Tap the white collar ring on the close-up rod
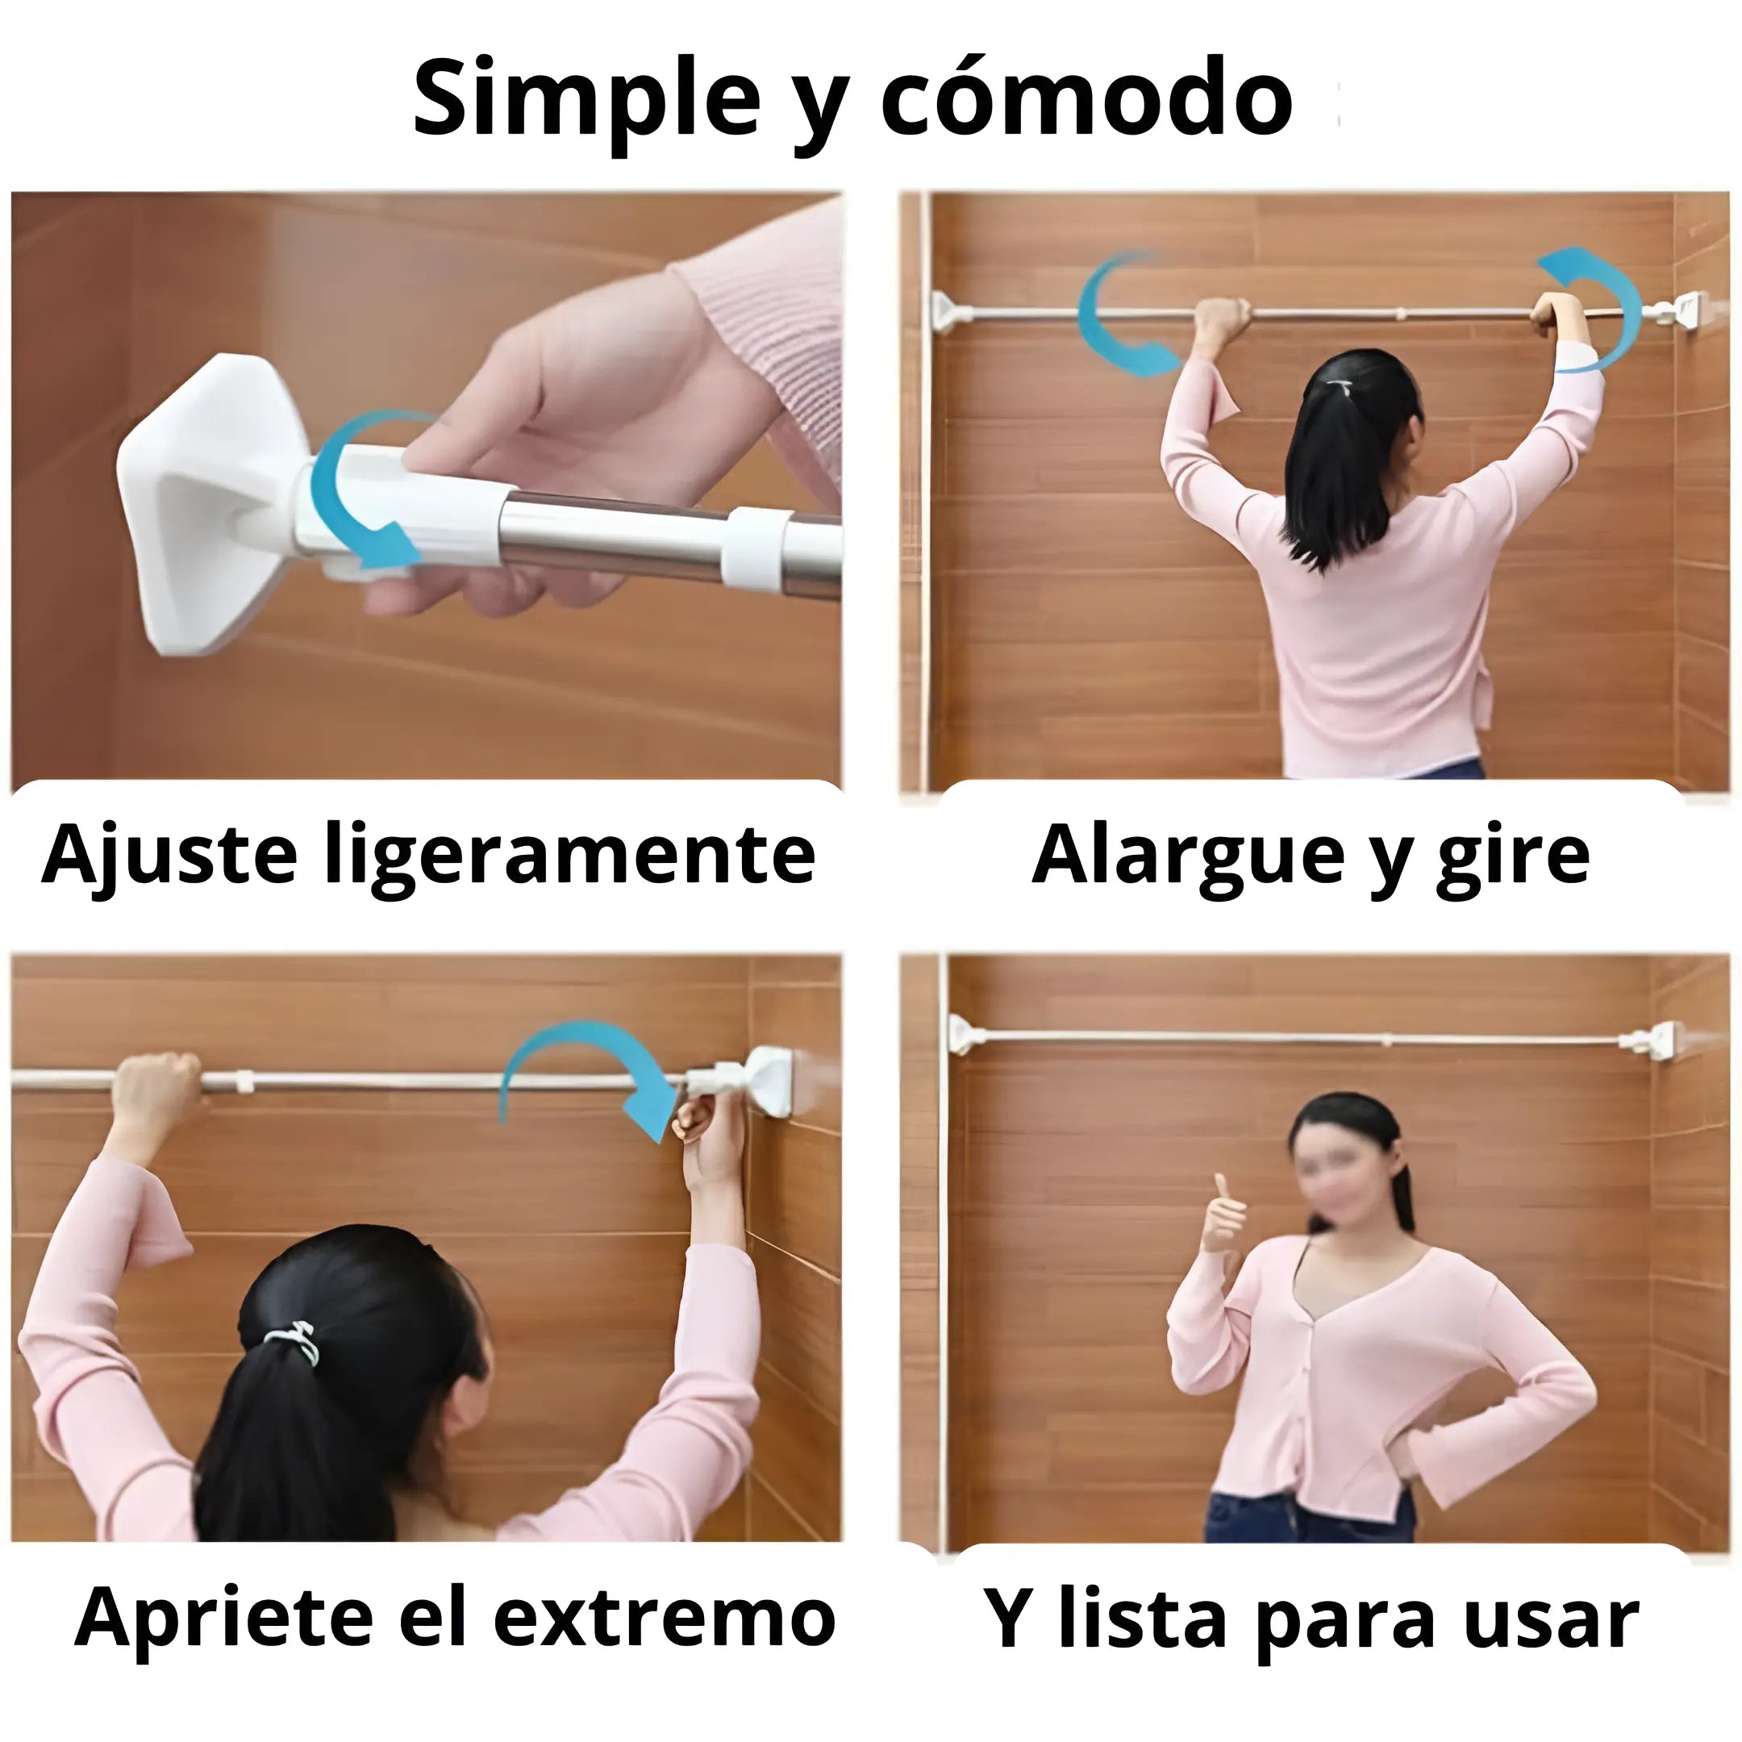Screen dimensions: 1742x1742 click(753, 550)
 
